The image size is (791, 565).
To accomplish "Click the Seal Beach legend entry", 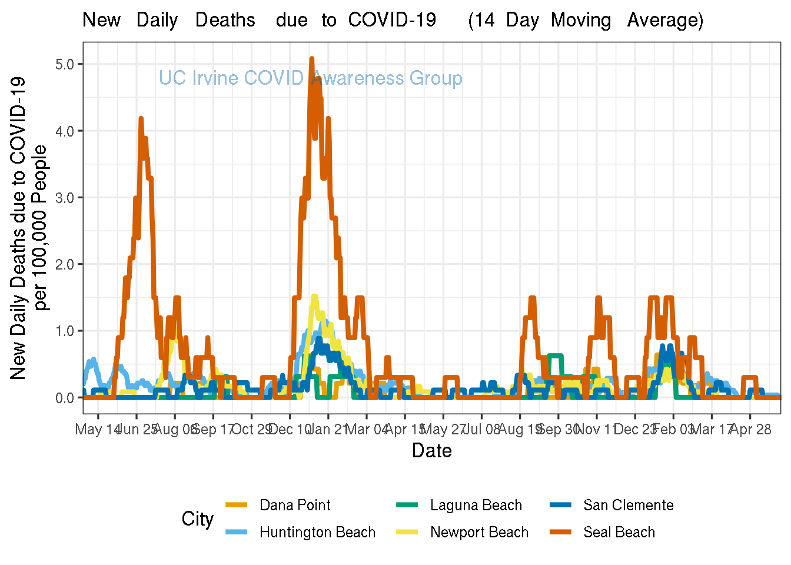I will (619, 532).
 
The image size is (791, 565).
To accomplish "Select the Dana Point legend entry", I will (294, 505).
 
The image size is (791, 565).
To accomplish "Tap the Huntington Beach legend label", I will (317, 532).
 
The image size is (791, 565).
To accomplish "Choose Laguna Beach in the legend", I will (476, 505).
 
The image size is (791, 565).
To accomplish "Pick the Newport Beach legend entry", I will (479, 532).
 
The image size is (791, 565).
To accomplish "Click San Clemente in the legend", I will (628, 505).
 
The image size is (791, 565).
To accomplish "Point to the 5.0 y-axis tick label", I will (65, 64).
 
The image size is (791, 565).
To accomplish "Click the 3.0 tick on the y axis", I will (65, 198).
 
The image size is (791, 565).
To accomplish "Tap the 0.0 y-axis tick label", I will (65, 398).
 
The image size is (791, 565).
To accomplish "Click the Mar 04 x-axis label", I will (366, 429).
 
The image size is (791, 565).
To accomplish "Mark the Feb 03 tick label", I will (673, 429).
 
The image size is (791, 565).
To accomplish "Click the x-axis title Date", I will (432, 451).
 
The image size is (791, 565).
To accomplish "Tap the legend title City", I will (197, 519).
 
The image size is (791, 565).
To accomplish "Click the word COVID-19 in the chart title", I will (392, 20).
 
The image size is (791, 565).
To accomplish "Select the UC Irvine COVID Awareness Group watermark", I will (311, 78).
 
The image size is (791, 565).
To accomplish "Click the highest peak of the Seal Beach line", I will (312, 58).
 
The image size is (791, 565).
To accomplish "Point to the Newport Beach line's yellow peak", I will (314, 297).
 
